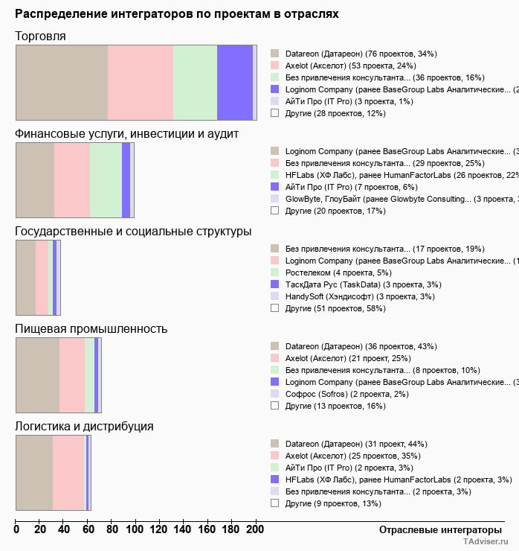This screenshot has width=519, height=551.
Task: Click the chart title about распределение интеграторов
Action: (x=177, y=14)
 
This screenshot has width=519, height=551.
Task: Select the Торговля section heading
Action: (x=40, y=36)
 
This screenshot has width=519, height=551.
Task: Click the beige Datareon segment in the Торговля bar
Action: (x=62, y=82)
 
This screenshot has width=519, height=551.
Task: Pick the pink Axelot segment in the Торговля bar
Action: (x=141, y=82)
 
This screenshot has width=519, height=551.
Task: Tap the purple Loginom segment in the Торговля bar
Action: (x=234, y=82)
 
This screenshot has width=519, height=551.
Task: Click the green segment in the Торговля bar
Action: (x=195, y=82)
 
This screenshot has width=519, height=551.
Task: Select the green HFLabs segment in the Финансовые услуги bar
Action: (x=106, y=179)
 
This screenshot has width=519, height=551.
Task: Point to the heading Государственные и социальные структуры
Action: (x=133, y=232)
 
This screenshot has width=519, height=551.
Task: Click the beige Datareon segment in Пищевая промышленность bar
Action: (x=37, y=375)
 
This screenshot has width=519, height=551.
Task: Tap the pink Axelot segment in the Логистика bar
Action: (x=69, y=473)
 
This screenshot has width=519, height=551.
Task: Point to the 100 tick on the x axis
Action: (x=135, y=529)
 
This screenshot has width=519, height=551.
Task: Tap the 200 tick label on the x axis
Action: (x=255, y=529)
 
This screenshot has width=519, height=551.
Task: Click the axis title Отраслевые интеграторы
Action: (x=435, y=529)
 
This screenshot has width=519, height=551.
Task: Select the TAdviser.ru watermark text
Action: (x=486, y=543)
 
